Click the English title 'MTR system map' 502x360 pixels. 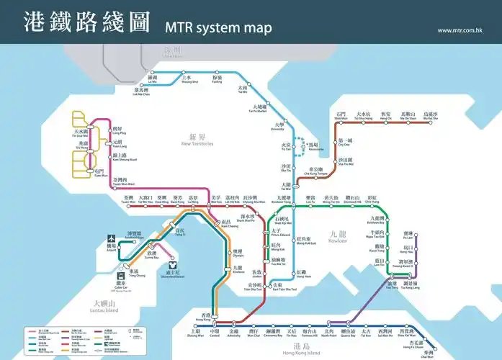point(218,28)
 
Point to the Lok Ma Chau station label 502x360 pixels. point(143,91)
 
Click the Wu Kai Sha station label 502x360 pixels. point(430,117)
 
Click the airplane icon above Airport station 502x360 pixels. point(111,238)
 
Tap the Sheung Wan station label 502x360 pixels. point(195,334)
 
